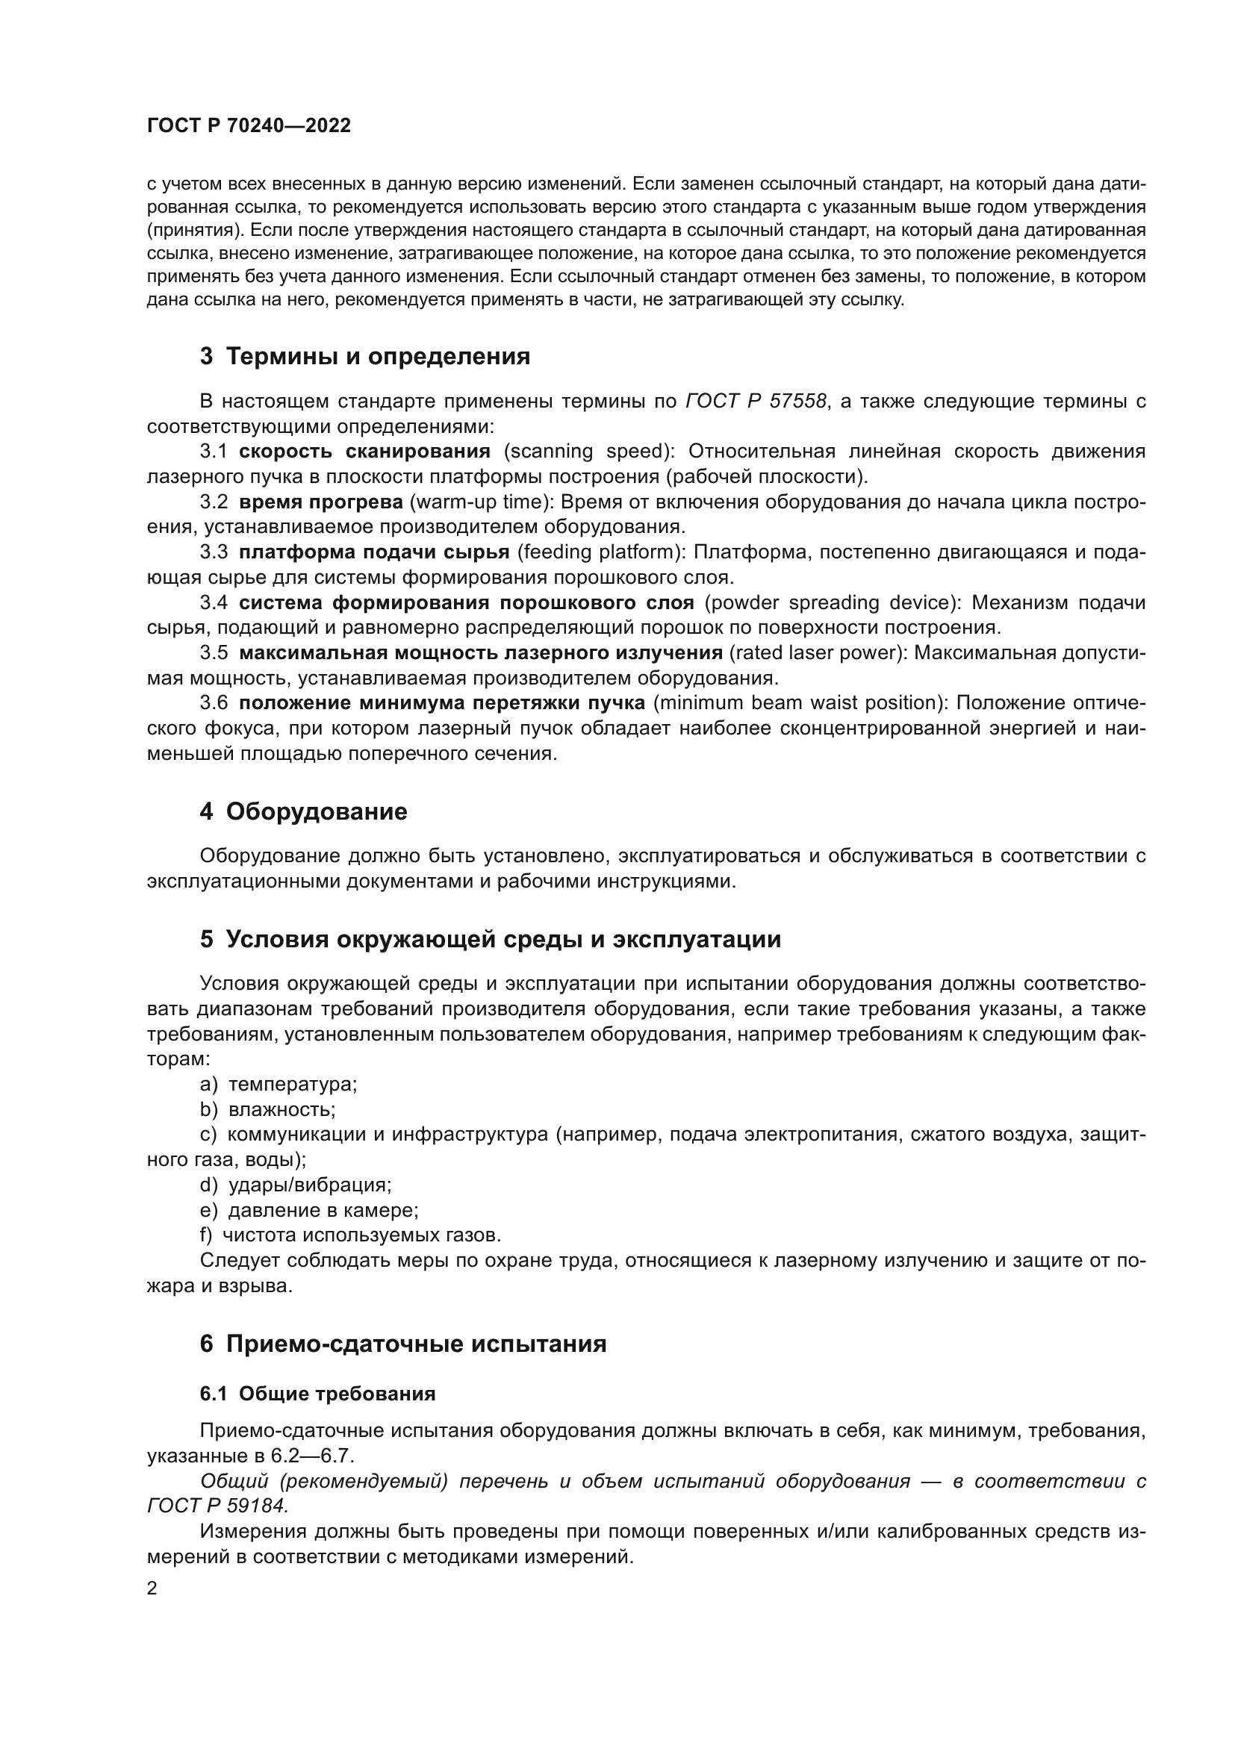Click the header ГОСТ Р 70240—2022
pos(249,126)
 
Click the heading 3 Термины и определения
pos(365,356)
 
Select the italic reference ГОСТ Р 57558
pos(755,401)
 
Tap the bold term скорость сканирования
pos(364,451)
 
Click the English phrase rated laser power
pos(817,653)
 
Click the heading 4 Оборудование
pos(303,811)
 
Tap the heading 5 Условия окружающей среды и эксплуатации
pos(491,939)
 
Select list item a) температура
pos(279,1085)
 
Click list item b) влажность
pos(268,1109)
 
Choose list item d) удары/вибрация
pos(296,1185)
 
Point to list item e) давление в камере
pos(310,1210)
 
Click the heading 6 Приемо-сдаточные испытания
pos(403,1344)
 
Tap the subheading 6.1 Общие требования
pos(318,1394)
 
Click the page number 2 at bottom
pos(152,1588)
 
